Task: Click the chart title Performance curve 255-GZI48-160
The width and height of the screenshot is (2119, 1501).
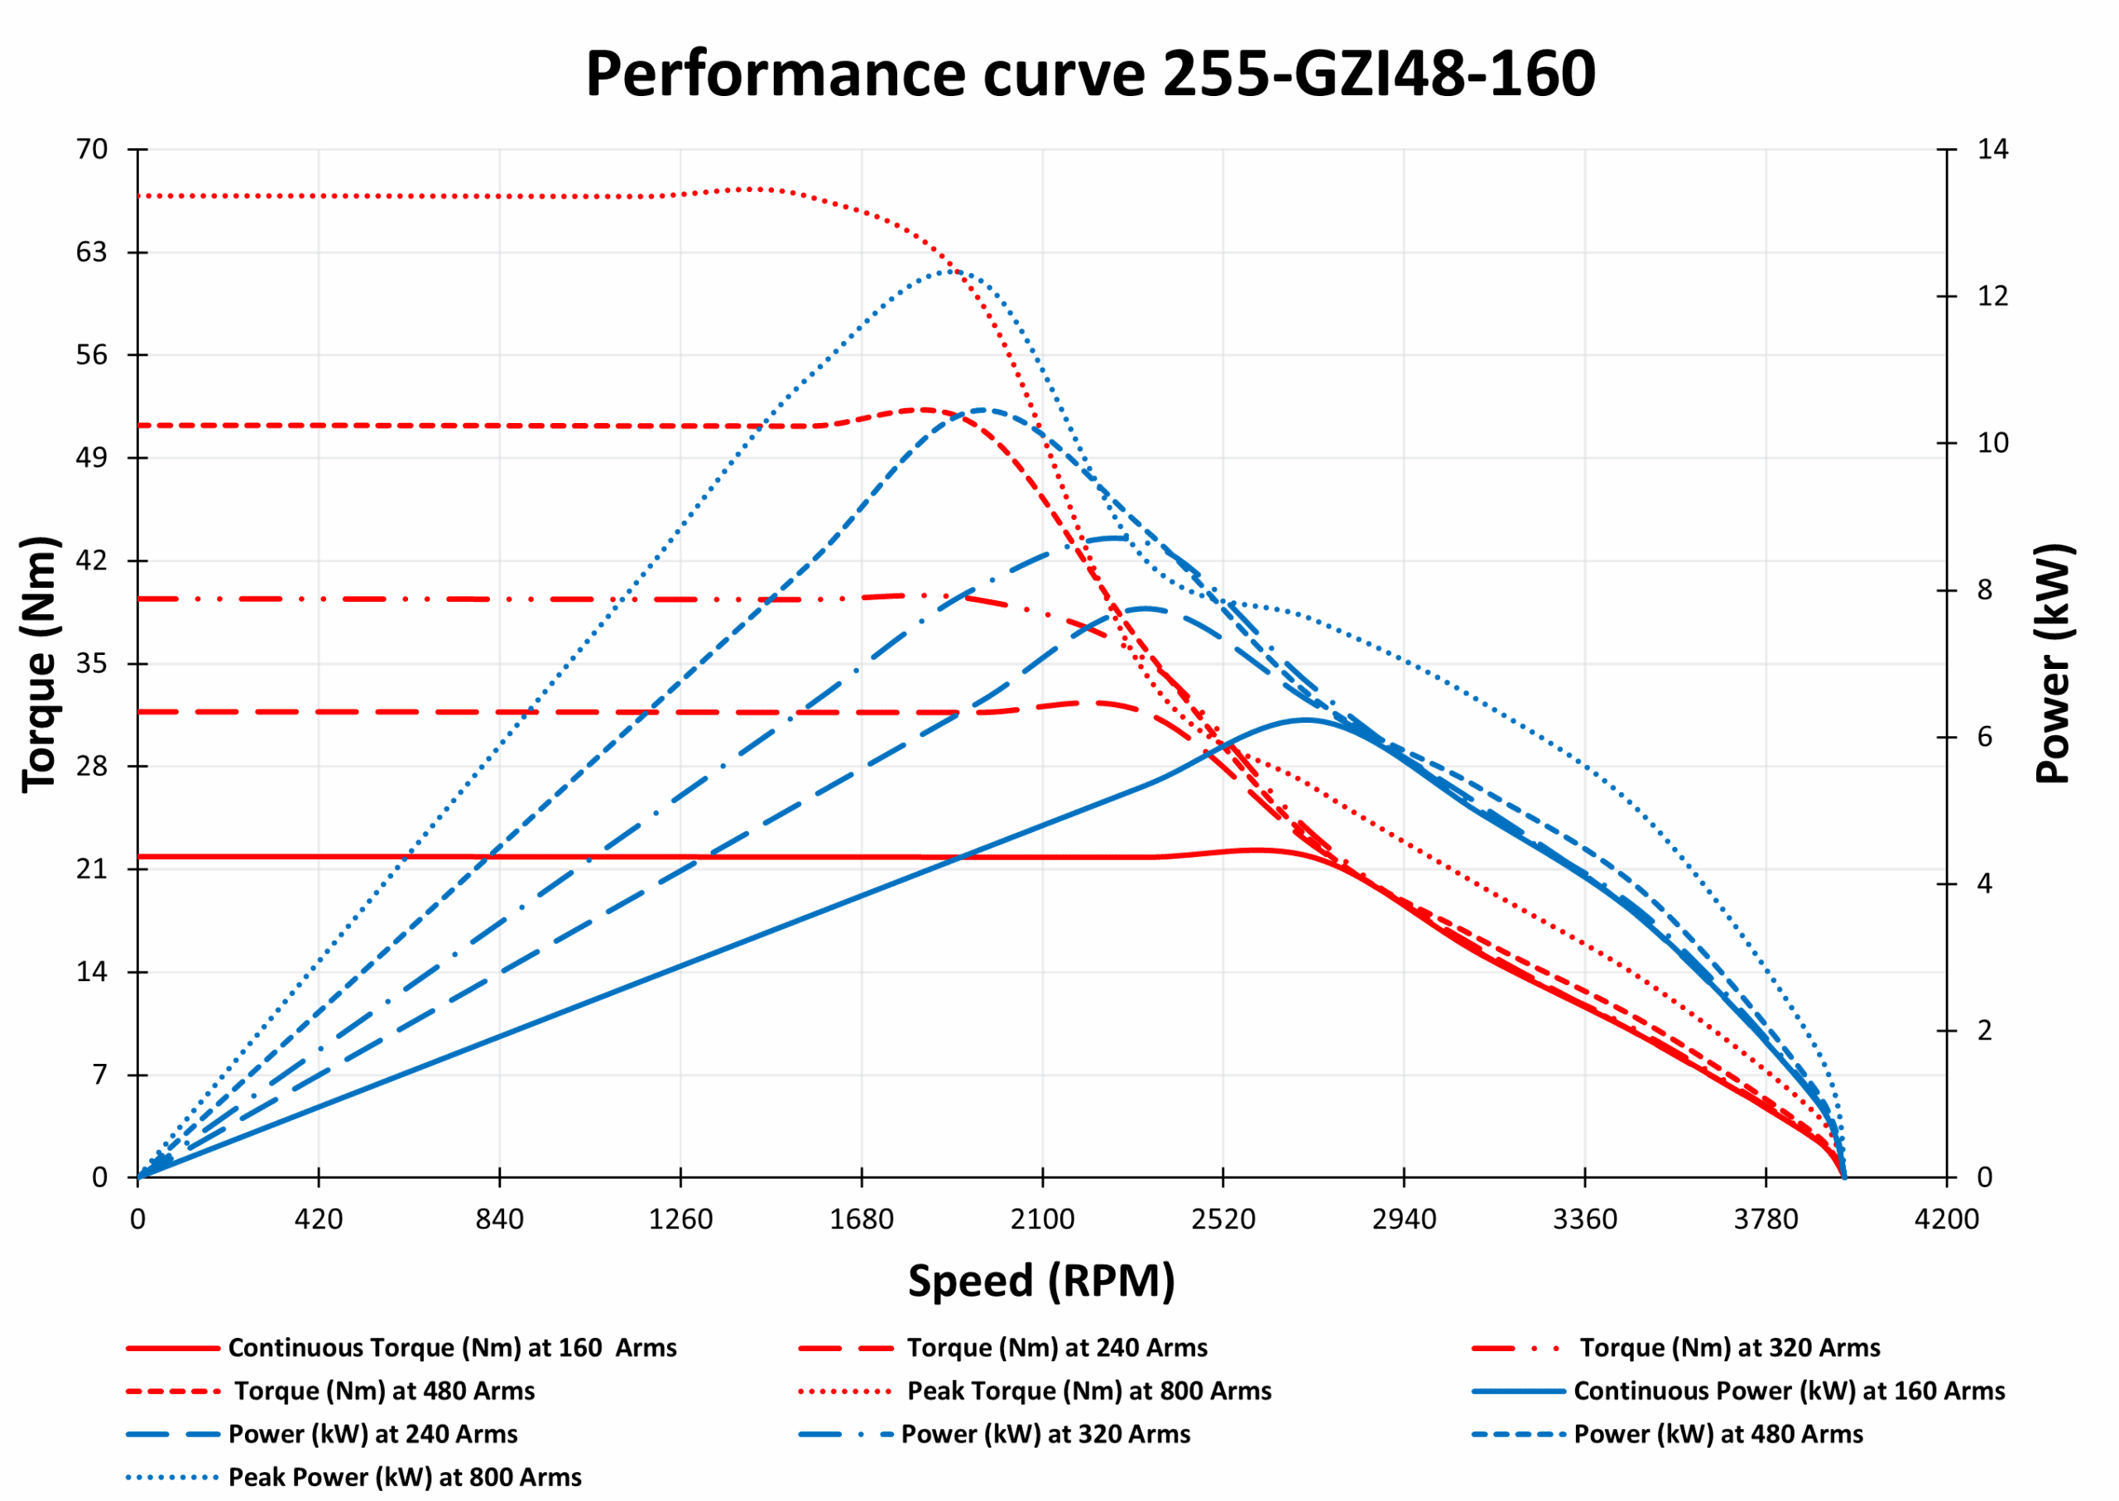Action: (x=1090, y=74)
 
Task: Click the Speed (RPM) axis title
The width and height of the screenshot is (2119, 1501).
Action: (x=1041, y=1281)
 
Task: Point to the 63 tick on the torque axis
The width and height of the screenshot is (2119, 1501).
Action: (x=92, y=253)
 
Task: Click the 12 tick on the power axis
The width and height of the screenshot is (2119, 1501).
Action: (x=1992, y=296)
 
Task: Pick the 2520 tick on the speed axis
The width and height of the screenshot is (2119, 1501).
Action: (x=1223, y=1220)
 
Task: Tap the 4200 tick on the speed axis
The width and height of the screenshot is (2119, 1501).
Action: (x=1946, y=1220)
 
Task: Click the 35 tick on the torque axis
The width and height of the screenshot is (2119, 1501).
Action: (x=92, y=664)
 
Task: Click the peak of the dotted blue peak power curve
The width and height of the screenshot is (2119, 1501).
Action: (x=950, y=271)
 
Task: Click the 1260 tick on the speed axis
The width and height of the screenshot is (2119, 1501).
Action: (x=680, y=1220)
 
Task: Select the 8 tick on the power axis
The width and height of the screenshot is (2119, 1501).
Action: (x=1985, y=590)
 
